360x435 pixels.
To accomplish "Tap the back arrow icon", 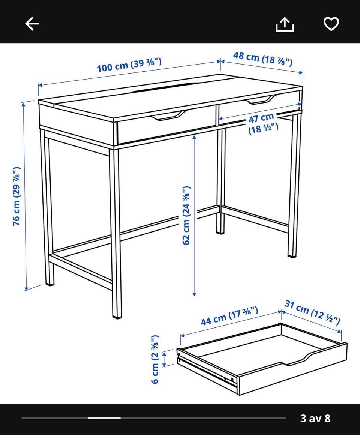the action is (x=32, y=23).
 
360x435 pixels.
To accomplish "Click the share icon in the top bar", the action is (x=285, y=24).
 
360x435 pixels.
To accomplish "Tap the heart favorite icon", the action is (x=331, y=24).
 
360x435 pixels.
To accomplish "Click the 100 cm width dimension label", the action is (x=129, y=65).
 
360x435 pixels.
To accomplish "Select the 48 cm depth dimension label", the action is (x=262, y=59).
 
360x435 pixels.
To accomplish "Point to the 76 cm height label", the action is (x=17, y=196).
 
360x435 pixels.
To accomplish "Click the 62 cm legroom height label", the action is (x=186, y=215).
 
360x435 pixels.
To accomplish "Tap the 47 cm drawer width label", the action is (x=262, y=123).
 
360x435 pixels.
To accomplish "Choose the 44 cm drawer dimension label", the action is (x=229, y=316).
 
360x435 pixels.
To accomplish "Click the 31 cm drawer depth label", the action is (x=312, y=312).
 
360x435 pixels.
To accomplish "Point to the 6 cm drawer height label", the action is (x=155, y=359).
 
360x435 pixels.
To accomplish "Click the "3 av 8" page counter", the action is (x=315, y=418).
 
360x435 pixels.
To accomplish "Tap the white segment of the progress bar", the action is (x=104, y=418).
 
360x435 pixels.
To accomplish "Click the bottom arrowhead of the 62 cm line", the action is (x=194, y=294).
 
